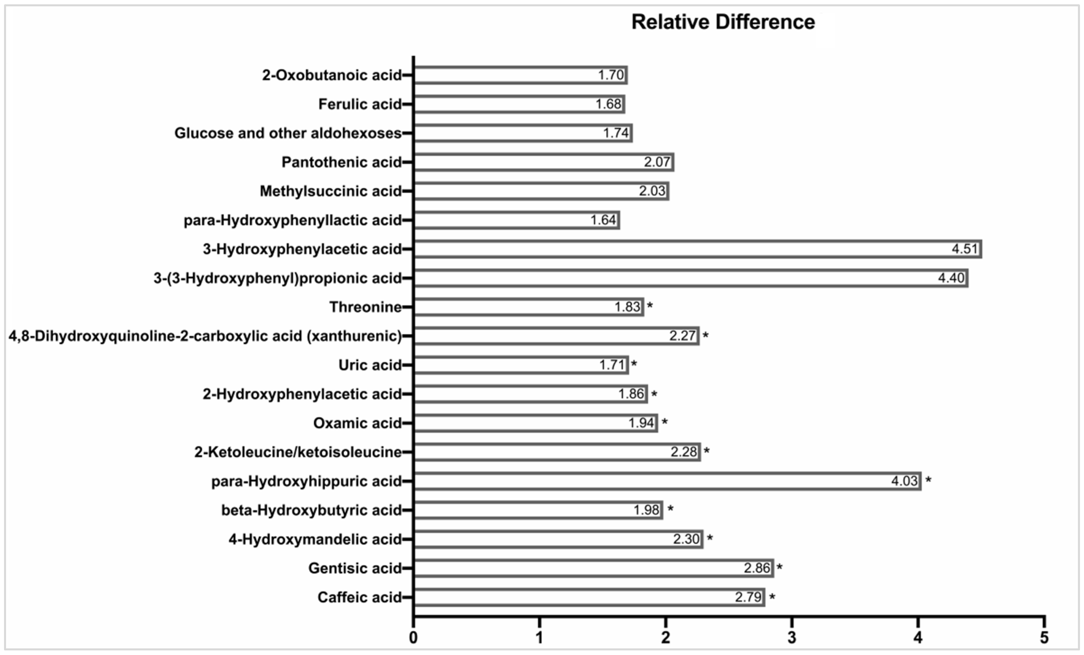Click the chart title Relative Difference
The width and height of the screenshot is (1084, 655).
723,22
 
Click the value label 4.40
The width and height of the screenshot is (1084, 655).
951,278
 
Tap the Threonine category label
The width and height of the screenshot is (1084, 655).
365,307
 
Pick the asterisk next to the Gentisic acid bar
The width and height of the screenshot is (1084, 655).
779,567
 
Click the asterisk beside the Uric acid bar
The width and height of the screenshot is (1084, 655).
634,364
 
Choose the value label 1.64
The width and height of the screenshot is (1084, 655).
603,220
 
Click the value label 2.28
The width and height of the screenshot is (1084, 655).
684,452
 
